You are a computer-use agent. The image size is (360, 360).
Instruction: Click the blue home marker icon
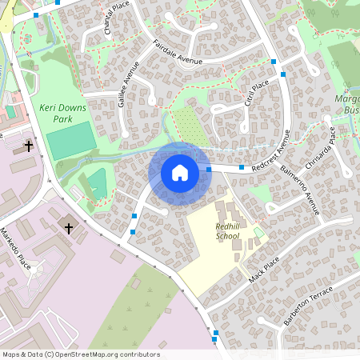click(180, 172)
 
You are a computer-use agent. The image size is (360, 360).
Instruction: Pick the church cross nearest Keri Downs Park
click(30, 146)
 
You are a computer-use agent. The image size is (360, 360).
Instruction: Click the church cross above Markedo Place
click(69, 229)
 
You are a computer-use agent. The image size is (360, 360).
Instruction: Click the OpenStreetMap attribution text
click(80, 354)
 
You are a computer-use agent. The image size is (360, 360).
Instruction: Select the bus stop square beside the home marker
click(209, 169)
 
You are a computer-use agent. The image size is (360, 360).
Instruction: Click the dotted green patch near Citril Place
click(189, 126)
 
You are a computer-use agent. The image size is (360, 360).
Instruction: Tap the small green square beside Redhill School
click(258, 232)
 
